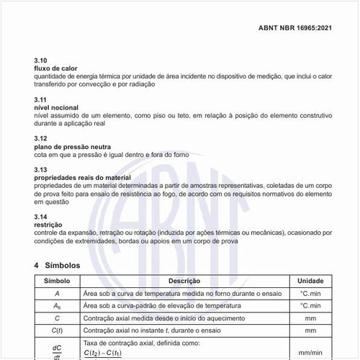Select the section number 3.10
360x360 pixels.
pos(40,60)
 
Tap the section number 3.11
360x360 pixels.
pos(40,99)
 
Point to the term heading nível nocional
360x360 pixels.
pos(57,107)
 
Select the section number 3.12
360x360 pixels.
pos(40,138)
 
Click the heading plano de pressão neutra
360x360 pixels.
pos(72,146)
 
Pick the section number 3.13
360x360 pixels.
pos(40,168)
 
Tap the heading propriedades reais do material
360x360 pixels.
pos(84,176)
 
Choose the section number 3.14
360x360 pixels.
pos(40,216)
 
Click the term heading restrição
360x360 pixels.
pos(48,225)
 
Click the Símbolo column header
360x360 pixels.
pos(57,281)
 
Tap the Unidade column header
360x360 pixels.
pos(310,281)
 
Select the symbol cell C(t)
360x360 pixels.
pos(57,330)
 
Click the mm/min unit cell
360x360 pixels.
pos(310,352)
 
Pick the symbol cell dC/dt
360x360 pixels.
pos(57,351)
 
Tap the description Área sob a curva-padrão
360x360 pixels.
pos(157,305)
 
